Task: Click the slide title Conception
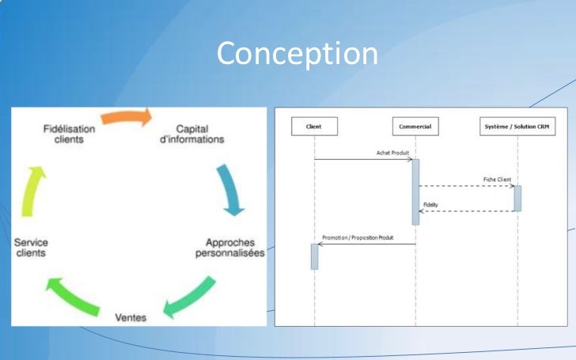[297, 54]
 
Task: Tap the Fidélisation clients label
[69, 134]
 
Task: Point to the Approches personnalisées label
[230, 247]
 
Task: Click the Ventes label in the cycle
[131, 316]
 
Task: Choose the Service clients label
[31, 247]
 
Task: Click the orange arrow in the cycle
[127, 118]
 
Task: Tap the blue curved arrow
[230, 190]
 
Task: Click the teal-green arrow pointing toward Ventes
[190, 297]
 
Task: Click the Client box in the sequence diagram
[314, 126]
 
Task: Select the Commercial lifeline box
[415, 126]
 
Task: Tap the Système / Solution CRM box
[517, 126]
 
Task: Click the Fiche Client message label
[498, 180]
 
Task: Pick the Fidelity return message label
[430, 205]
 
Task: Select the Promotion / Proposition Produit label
[358, 237]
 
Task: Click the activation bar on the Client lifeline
[314, 256]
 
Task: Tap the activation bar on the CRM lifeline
[517, 198]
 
